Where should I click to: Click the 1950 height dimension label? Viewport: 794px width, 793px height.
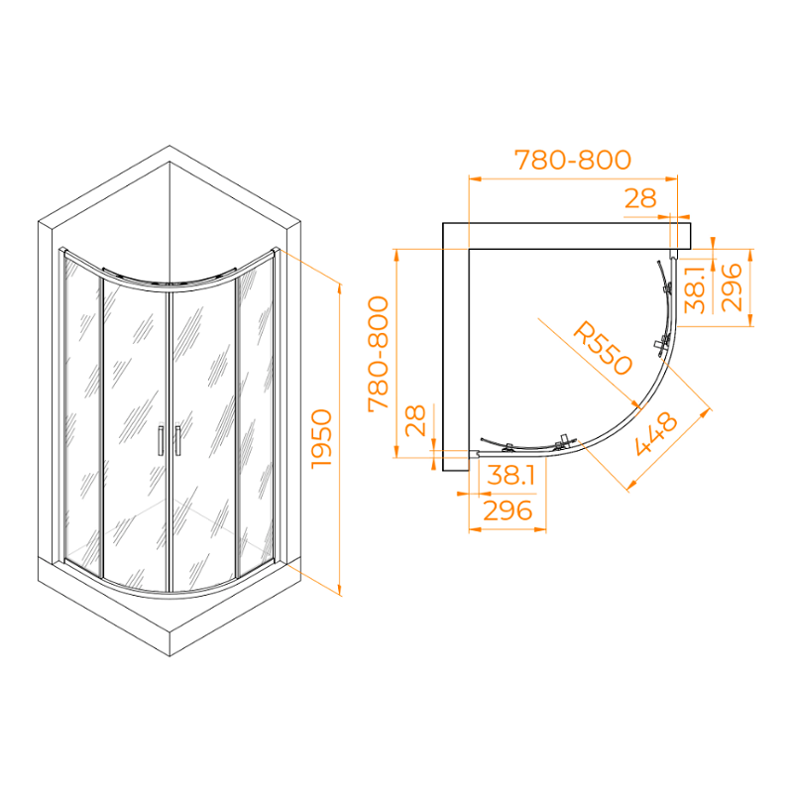pos(322,439)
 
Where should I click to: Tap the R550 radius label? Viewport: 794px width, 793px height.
pos(603,348)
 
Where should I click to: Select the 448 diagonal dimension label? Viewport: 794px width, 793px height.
pos(656,433)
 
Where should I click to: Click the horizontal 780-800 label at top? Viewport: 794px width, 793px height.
pos(573,160)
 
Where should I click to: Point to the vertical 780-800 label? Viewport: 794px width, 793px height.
pos(378,355)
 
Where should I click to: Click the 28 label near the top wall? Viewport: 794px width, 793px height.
pos(640,198)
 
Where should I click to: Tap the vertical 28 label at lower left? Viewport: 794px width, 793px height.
pos(415,420)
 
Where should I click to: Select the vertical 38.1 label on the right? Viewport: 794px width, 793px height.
pos(695,290)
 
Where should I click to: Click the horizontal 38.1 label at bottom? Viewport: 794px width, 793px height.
pos(510,475)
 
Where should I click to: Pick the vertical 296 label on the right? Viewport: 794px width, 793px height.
pos(731,287)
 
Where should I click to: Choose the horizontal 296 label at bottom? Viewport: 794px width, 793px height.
pos(508,510)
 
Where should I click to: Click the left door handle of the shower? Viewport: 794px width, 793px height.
pos(161,440)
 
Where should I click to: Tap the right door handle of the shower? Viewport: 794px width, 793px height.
pos(177,440)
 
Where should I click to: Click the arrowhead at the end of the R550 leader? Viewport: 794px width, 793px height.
pos(636,403)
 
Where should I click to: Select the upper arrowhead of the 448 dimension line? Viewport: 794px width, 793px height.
pos(705,413)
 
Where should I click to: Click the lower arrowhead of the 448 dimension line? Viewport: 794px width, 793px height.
pos(632,486)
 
